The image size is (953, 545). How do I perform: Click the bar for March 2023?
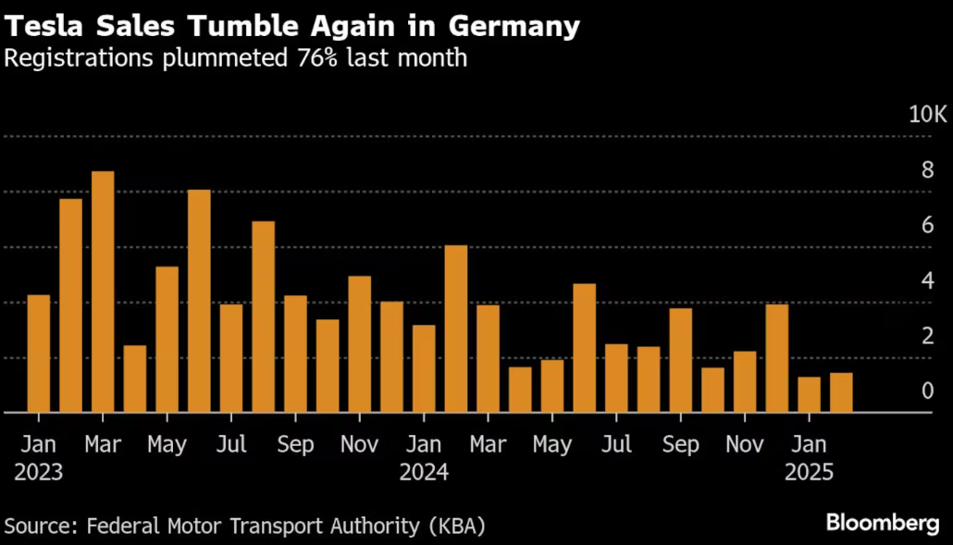pos(103,291)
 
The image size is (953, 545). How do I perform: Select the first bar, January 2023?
pos(39,353)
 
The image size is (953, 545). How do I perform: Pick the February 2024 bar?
pos(456,328)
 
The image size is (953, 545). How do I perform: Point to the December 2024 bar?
pos(777,358)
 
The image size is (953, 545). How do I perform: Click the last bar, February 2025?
pos(841,392)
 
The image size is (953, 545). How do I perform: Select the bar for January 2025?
pos(810,394)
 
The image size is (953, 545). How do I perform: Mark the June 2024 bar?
pos(585,348)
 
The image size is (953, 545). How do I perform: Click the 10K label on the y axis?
pos(928,115)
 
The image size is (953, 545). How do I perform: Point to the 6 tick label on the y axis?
pos(927,226)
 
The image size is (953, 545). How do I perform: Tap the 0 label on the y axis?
pos(927,391)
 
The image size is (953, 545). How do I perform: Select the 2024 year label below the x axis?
pos(424,473)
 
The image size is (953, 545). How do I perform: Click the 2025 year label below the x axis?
pos(810,473)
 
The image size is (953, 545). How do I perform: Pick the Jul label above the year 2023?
pos(231,445)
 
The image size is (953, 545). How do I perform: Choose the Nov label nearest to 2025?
pos(745,445)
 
